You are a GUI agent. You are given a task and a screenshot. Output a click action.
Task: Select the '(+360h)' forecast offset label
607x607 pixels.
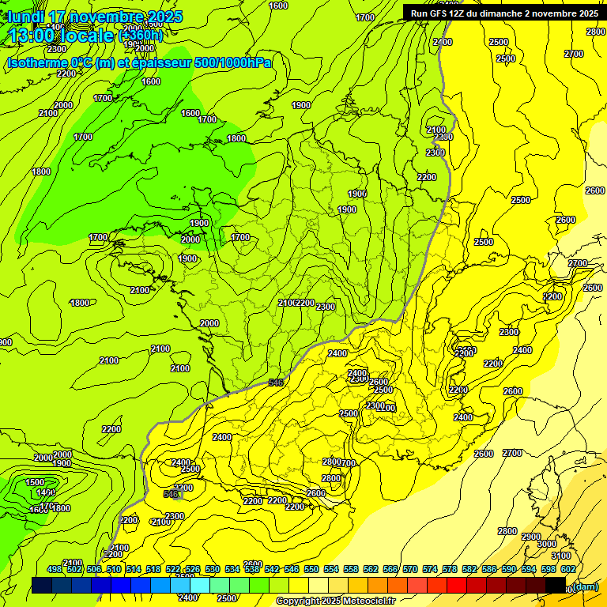(141, 36)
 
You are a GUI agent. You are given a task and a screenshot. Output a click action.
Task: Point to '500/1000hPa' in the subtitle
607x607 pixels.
(232, 62)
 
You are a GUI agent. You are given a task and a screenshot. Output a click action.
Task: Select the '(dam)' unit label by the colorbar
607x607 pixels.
(584, 586)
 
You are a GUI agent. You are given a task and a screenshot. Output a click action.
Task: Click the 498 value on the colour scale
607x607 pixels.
(55, 570)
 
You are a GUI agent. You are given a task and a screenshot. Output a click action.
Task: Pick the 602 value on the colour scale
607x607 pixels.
(567, 570)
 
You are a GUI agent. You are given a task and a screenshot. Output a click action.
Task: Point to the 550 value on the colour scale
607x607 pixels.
(311, 570)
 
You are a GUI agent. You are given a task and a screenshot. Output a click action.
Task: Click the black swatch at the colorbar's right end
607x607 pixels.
(556, 585)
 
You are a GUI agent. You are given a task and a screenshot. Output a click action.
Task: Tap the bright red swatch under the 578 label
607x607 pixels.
(456, 585)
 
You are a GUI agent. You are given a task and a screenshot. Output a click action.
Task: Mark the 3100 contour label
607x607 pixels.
(562, 556)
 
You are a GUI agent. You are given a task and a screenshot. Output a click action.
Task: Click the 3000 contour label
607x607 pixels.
(546, 545)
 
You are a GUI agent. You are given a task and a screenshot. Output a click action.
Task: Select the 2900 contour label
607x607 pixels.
(531, 537)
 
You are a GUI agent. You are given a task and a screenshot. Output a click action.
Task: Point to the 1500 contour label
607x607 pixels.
(35, 482)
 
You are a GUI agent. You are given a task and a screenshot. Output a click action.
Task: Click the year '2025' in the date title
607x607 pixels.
(165, 17)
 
